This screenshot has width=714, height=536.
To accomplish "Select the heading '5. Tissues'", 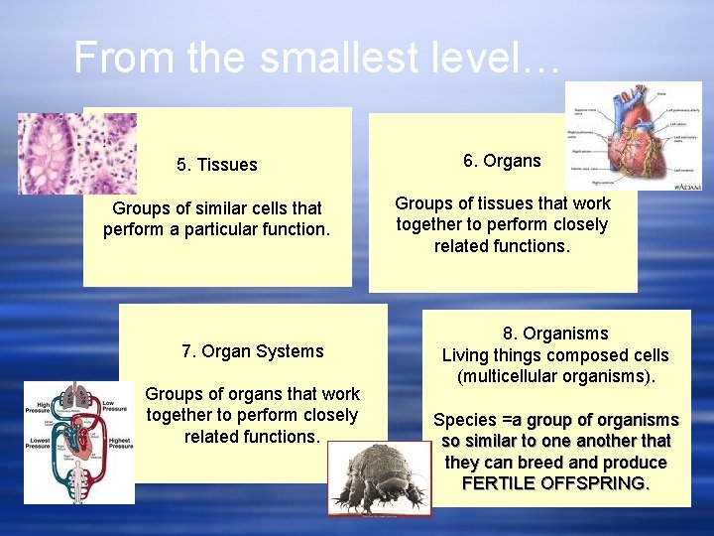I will (216, 165).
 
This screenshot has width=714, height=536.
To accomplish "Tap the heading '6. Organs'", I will (502, 161).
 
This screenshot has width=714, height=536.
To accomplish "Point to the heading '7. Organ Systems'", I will (252, 351).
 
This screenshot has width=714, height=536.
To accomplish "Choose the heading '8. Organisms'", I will (554, 334).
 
